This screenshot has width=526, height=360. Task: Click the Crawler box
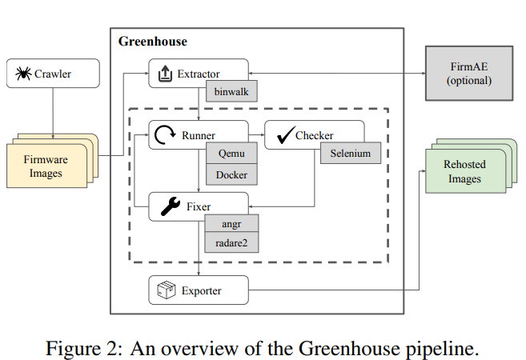tap(53, 74)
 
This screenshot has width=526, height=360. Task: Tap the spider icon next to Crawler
tap(23, 74)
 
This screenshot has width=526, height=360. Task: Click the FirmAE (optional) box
tap(468, 74)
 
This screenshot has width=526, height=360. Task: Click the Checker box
tap(314, 136)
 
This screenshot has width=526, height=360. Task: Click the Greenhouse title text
tap(152, 41)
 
